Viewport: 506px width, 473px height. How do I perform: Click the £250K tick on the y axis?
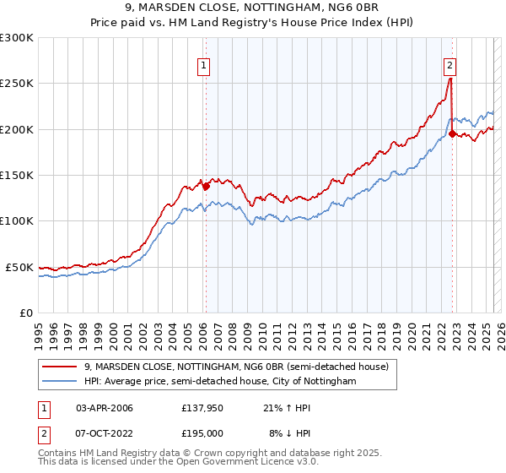click(17, 84)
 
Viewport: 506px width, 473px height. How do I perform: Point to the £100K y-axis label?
click(17, 220)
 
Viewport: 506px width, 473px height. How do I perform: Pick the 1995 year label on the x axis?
click(39, 329)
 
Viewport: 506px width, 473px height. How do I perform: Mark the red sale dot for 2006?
click(206, 187)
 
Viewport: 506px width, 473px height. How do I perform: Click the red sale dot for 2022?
click(453, 133)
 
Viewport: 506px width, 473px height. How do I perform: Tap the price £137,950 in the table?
click(202, 407)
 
